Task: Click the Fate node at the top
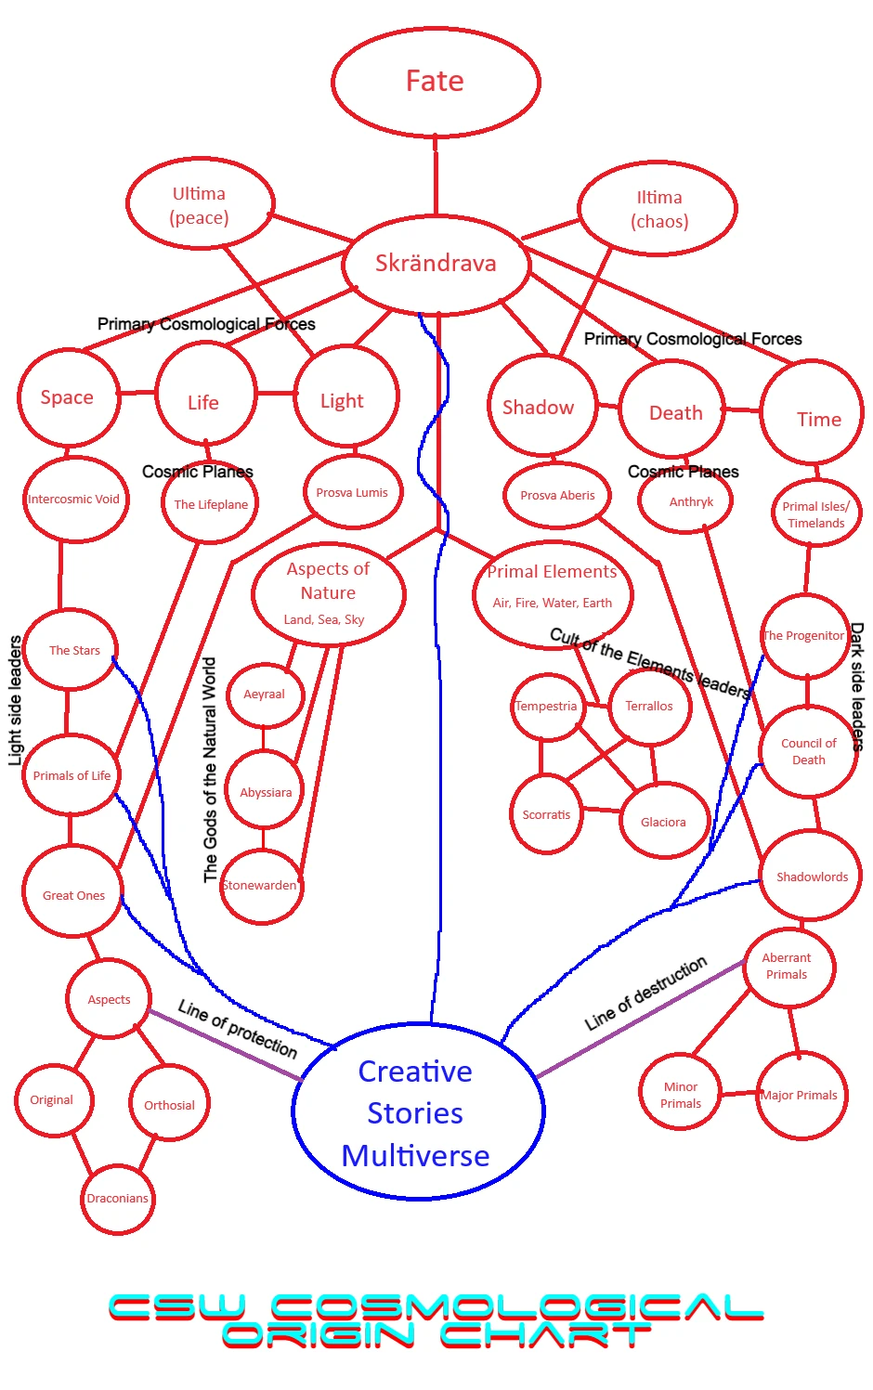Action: (x=436, y=82)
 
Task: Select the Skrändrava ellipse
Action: (x=436, y=264)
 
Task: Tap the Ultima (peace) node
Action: (x=200, y=205)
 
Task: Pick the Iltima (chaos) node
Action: (x=658, y=209)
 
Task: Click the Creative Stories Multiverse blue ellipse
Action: (x=416, y=1112)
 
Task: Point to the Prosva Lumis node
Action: (x=352, y=492)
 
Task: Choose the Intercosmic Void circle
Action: (x=73, y=499)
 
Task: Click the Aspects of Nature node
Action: (x=328, y=593)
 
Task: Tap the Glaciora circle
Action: (x=663, y=822)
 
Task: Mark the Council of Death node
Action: (x=808, y=751)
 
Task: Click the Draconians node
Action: (x=117, y=1198)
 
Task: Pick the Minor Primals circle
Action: (x=681, y=1095)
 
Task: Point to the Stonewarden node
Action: (x=261, y=885)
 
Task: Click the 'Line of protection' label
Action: (x=238, y=1029)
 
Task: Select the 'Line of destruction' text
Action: (x=645, y=994)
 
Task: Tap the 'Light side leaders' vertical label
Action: (x=15, y=700)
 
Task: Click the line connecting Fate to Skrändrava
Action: (x=436, y=176)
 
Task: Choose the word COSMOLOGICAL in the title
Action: (x=515, y=1307)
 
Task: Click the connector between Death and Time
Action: (x=742, y=409)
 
